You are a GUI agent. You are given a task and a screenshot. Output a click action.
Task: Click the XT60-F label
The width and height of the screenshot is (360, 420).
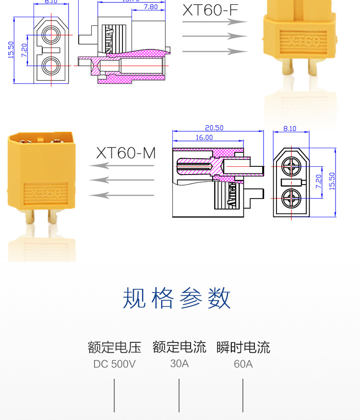[210, 10]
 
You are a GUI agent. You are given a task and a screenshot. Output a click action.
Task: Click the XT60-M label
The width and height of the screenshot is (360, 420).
[126, 153]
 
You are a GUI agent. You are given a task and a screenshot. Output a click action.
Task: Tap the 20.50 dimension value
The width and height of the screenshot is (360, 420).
[214, 128]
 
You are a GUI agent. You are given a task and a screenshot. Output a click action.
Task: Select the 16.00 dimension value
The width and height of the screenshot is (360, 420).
[204, 138]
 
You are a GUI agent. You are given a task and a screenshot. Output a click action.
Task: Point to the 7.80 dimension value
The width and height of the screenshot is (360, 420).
[150, 7]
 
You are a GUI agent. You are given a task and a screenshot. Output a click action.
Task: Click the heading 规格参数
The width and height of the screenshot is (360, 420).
[177, 298]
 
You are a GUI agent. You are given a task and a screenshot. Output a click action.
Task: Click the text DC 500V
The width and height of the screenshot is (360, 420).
[114, 364]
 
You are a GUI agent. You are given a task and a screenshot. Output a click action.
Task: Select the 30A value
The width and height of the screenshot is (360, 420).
[180, 363]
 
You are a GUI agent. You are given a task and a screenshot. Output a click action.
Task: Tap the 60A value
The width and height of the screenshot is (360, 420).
[243, 364]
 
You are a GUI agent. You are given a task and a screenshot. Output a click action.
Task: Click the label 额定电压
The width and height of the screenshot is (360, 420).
[114, 347]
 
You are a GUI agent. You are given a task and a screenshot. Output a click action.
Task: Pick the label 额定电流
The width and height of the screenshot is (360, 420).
[180, 347]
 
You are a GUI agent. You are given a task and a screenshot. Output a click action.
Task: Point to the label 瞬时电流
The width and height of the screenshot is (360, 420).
[243, 347]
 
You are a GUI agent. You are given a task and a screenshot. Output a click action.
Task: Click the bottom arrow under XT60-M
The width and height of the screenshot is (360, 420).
[122, 195]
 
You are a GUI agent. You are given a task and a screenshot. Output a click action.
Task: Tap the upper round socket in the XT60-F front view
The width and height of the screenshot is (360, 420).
[50, 34]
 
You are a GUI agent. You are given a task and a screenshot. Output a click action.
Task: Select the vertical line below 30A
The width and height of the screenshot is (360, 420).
[179, 395]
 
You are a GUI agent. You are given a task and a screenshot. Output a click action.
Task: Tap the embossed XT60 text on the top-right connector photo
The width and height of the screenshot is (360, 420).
[303, 41]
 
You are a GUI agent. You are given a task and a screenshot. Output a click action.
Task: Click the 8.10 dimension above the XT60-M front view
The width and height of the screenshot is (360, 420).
[290, 128]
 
